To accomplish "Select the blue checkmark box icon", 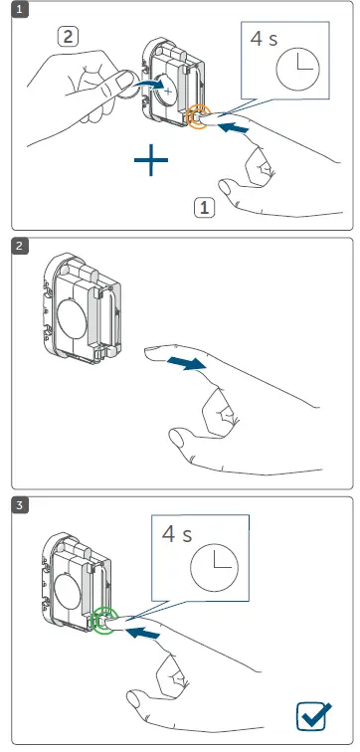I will [x=315, y=715].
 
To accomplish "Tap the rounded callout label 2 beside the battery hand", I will [x=69, y=39].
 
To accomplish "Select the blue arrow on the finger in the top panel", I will [x=233, y=128].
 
